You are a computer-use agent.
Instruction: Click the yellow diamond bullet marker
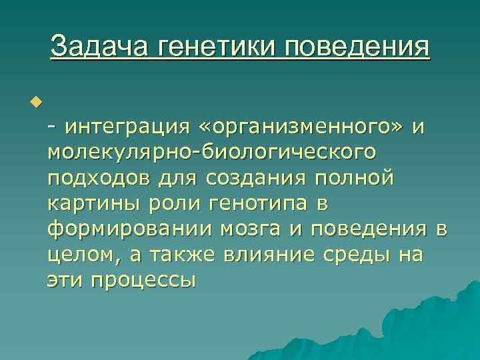(35, 102)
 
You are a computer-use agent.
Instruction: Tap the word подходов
(99, 179)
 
